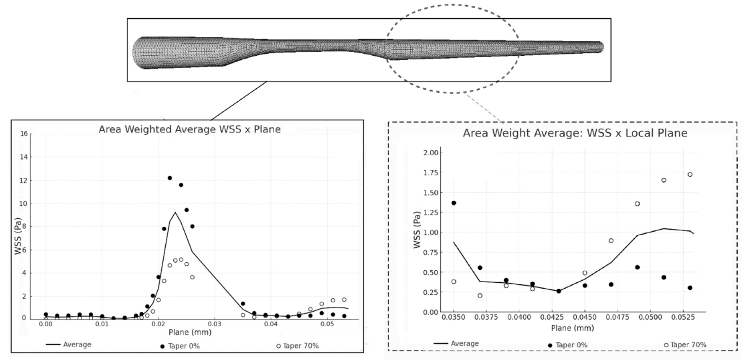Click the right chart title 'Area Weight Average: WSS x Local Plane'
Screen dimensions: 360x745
pos(575,133)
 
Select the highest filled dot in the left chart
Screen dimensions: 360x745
pos(170,178)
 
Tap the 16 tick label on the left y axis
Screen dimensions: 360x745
pos(24,134)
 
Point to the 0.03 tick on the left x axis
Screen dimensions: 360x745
pos(215,324)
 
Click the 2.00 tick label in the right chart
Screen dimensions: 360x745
pos(431,152)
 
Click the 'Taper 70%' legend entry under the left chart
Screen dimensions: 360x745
pos(298,346)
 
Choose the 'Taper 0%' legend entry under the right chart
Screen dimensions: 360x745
pos(568,345)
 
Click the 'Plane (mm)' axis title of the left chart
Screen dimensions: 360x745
pos(190,332)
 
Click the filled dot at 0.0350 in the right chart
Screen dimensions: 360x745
pos(454,203)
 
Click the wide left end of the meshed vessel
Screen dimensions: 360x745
pos(137,53)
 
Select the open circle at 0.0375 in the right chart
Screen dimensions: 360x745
pos(480,295)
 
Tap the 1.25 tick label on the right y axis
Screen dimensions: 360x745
pos(431,213)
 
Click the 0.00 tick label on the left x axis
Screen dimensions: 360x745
pos(46,324)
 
